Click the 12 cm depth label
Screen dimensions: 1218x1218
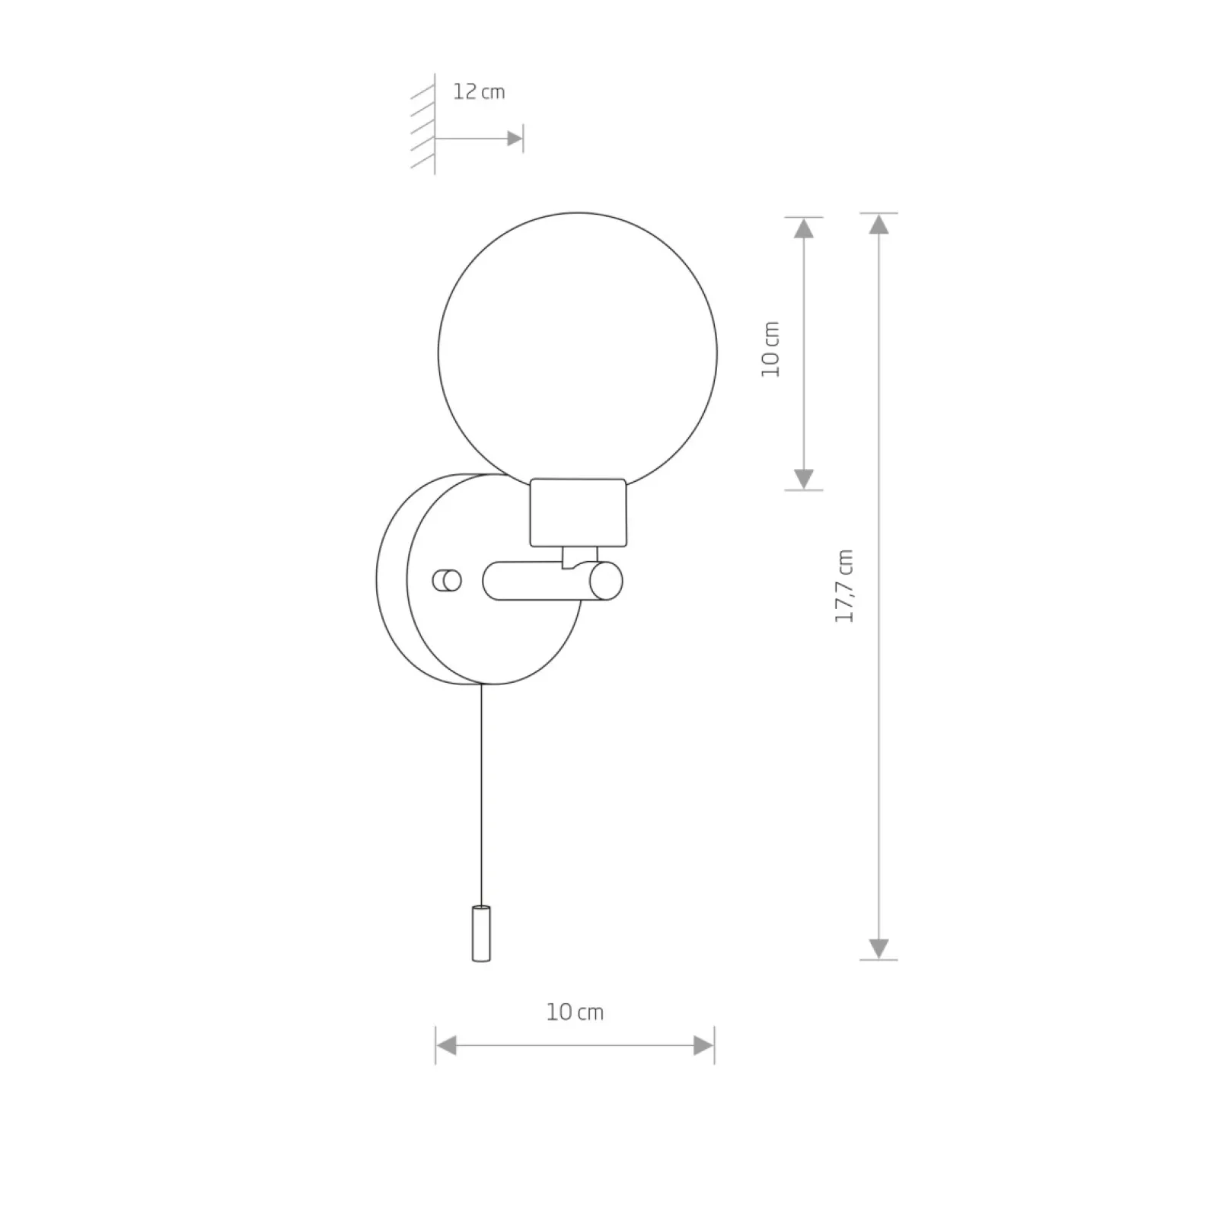point(479,92)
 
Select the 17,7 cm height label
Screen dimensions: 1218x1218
point(844,585)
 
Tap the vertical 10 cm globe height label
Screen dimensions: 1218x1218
point(771,349)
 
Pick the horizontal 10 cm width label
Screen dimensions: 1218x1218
point(575,1012)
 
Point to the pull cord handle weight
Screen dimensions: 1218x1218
point(481,933)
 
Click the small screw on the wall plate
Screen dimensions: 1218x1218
point(447,581)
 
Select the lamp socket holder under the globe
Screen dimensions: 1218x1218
point(579,512)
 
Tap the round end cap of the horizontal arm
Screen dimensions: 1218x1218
point(606,581)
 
